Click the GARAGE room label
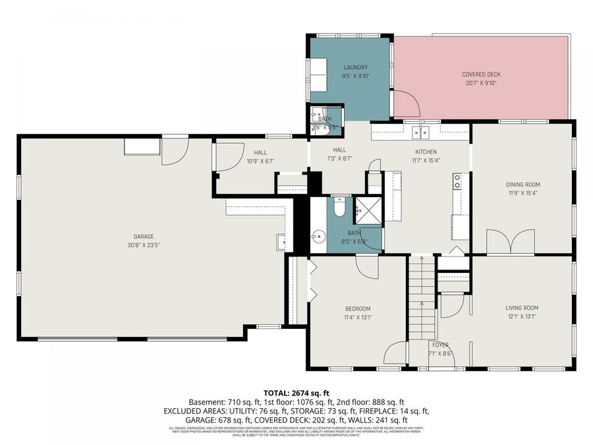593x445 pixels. pos(144,237)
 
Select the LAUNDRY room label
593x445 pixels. pos(356,67)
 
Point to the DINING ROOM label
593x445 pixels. pos(522,185)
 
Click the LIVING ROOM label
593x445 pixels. pos(522,308)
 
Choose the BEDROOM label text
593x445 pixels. pos(358,309)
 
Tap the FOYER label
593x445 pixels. pos(440,345)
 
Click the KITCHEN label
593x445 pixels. pos(426,150)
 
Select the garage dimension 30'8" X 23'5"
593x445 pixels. pos(144,245)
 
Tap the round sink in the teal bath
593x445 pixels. pos(319,235)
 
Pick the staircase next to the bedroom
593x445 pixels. pos(422,297)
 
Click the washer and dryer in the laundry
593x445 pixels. pos(319,74)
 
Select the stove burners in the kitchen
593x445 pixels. pos(457,181)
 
